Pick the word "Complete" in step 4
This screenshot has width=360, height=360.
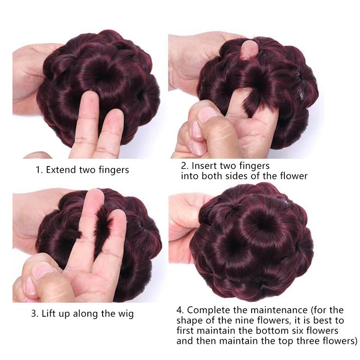[214, 310]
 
